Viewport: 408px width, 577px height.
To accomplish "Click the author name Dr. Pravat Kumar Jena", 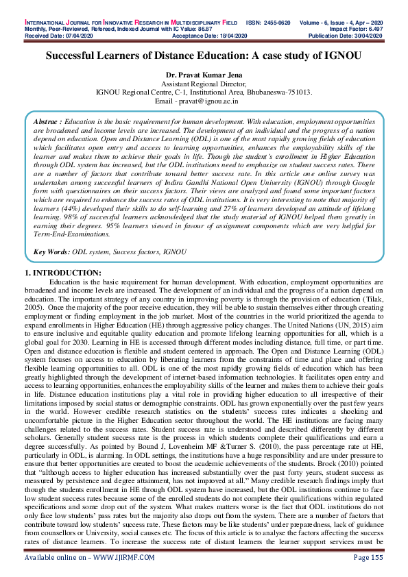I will (x=204, y=75).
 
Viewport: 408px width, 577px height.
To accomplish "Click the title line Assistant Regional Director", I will (x=204, y=83).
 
